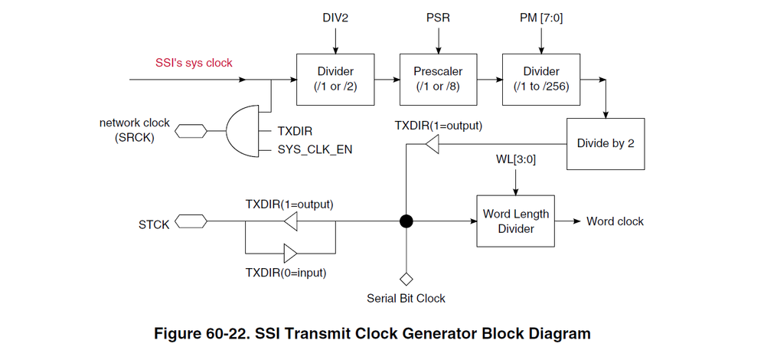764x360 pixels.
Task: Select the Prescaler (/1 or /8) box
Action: click(433, 78)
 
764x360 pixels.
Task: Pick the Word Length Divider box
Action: click(515, 221)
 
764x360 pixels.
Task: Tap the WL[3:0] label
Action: click(515, 162)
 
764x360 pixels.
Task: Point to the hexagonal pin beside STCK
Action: click(190, 222)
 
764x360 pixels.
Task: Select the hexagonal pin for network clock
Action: click(190, 132)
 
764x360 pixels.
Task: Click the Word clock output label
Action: click(615, 221)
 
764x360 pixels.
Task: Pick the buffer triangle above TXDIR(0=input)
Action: click(291, 252)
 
